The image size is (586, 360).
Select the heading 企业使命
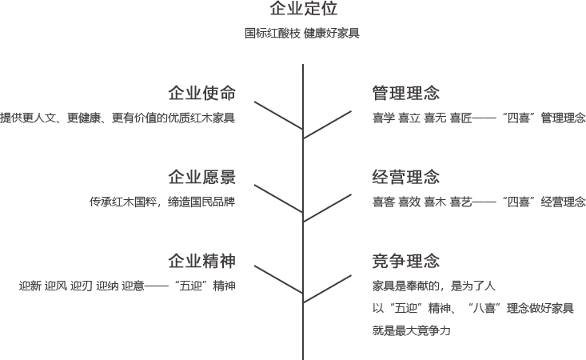pyautogui.click(x=201, y=93)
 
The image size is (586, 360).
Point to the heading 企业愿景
pyautogui.click(x=201, y=177)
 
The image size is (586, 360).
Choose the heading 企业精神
pyautogui.click(x=201, y=261)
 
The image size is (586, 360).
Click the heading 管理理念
pyautogui.click(x=406, y=93)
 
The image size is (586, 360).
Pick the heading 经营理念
pyautogui.click(x=406, y=177)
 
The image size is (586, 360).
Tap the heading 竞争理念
pyautogui.click(x=406, y=261)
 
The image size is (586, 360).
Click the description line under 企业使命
pyautogui.click(x=118, y=118)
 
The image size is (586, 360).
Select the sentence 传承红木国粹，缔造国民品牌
pyautogui.click(x=162, y=202)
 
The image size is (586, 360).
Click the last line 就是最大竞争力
pyautogui.click(x=412, y=330)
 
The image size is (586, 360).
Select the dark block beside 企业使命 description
pyautogui.click(x=277, y=116)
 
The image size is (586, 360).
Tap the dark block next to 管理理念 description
pyautogui.click(x=329, y=125)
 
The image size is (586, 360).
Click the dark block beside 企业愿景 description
pyautogui.click(x=277, y=198)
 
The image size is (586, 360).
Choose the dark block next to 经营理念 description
pyautogui.click(x=329, y=208)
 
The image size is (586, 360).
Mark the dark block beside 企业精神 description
pyautogui.click(x=277, y=279)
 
